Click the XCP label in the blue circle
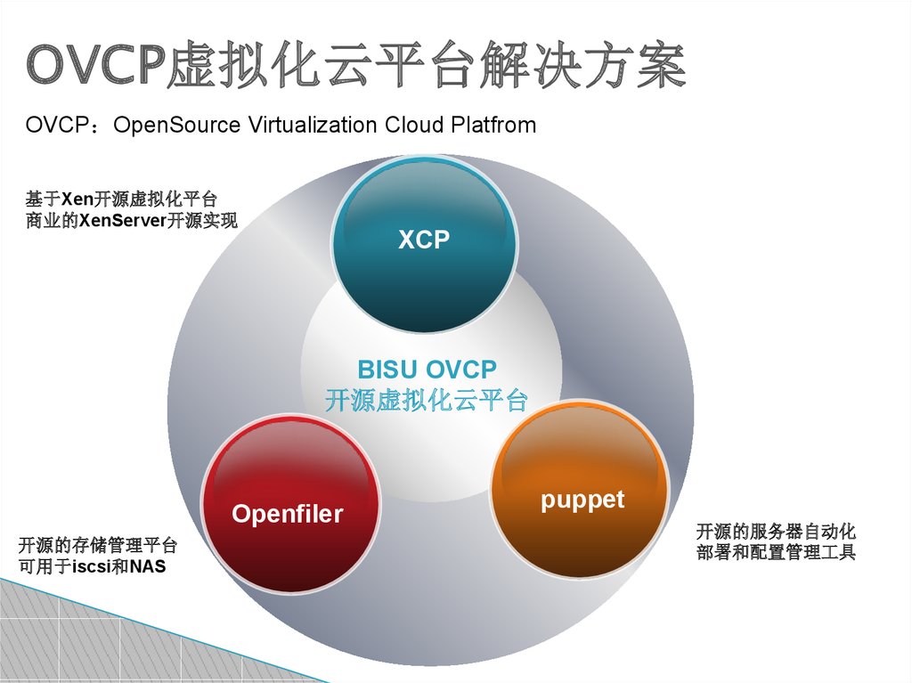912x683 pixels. (x=424, y=240)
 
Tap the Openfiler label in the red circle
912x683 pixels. (x=287, y=514)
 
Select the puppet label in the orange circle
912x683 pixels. (x=582, y=500)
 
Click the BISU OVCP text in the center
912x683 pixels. (x=427, y=369)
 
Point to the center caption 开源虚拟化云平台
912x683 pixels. (x=427, y=400)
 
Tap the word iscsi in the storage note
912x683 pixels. (x=92, y=566)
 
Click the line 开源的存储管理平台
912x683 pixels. (x=97, y=545)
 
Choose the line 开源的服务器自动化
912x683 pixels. (x=776, y=533)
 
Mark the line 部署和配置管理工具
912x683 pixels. (x=776, y=553)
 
